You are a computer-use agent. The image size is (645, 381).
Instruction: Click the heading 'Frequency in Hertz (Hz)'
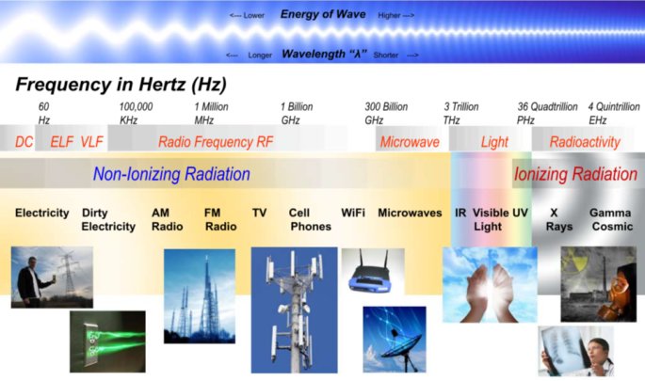pos(121,85)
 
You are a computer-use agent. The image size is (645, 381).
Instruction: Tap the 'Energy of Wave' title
pos(323,14)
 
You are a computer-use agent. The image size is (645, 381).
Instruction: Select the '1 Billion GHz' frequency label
pos(297,114)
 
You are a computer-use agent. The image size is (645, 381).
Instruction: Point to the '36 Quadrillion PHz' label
pos(547,114)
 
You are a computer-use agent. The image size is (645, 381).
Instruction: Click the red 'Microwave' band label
pos(410,142)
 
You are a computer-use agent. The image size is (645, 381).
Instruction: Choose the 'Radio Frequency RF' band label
pos(216,142)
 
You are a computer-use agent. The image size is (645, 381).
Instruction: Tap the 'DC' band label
pos(24,142)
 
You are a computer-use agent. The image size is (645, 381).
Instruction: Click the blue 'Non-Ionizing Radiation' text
pos(171,174)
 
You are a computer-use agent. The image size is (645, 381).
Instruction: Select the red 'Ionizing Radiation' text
pos(575,174)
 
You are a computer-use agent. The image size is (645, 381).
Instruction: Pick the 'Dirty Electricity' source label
pos(108,220)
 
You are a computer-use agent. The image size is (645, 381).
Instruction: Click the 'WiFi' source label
pos(353,213)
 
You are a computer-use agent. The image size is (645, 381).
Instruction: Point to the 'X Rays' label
pos(558,220)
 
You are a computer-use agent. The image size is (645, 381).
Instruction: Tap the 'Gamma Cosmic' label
pos(611,220)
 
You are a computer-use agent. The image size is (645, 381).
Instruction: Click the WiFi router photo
pos(373,271)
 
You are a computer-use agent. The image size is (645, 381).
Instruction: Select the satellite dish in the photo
pos(400,344)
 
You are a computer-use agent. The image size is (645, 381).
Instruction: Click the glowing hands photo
pos(490,284)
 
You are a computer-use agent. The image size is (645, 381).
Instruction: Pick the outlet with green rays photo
pos(107,341)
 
